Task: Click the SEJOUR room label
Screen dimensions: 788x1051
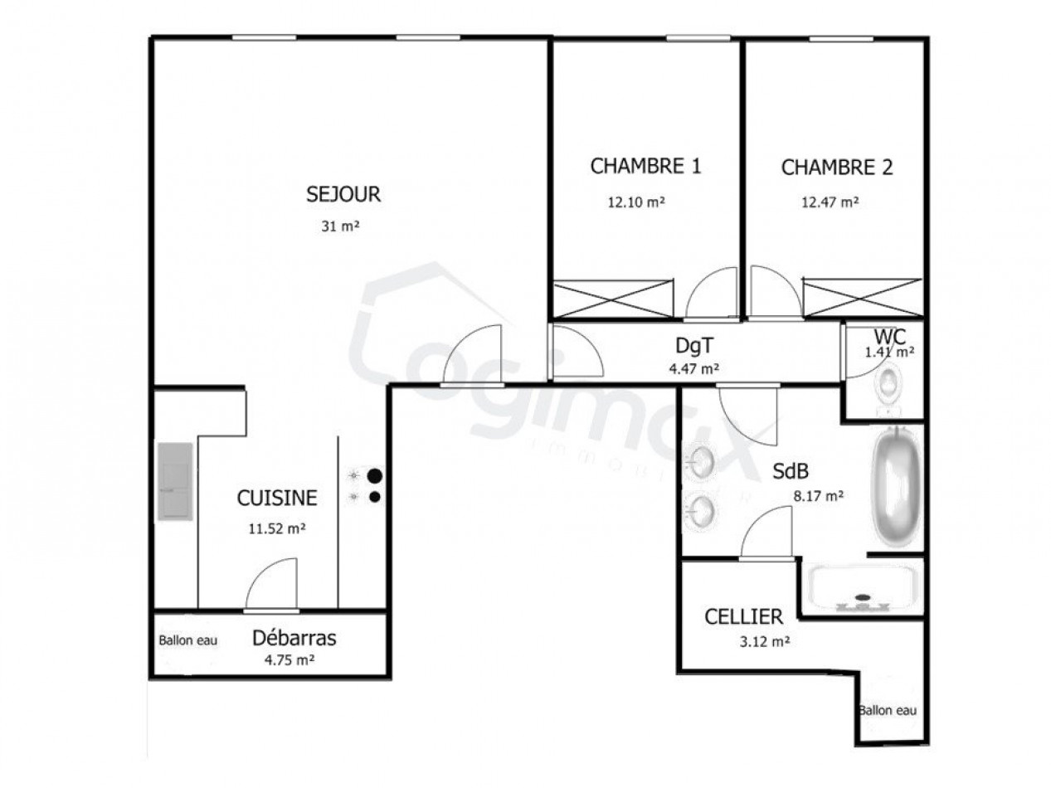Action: click(343, 195)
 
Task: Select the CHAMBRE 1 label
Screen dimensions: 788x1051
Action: click(645, 167)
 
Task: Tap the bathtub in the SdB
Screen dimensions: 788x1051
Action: click(897, 487)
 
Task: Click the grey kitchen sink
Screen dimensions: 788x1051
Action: click(175, 482)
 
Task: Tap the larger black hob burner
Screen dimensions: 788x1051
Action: click(375, 476)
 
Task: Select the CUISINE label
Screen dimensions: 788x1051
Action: click(277, 499)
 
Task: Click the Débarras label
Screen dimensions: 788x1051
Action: click(294, 639)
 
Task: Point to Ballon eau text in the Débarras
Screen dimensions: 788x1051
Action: click(187, 640)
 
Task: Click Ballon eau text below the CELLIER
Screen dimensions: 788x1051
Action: click(888, 711)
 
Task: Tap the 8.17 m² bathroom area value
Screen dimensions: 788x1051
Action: click(818, 497)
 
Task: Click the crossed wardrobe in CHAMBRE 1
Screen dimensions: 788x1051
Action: click(614, 299)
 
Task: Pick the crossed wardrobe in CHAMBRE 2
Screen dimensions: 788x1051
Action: click(862, 298)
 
